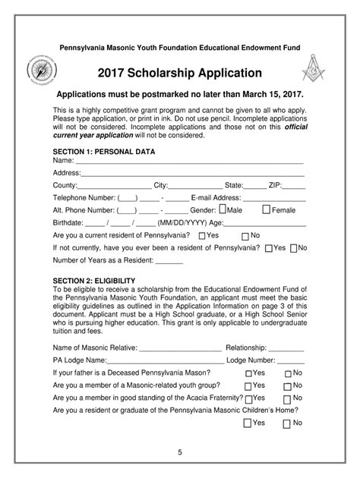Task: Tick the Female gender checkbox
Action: pos(266,209)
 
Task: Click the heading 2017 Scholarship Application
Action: pos(180,74)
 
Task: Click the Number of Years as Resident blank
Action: pos(169,262)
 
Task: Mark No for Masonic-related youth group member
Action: pos(288,386)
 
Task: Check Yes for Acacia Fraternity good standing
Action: pos(249,398)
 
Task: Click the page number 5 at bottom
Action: pos(180,453)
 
